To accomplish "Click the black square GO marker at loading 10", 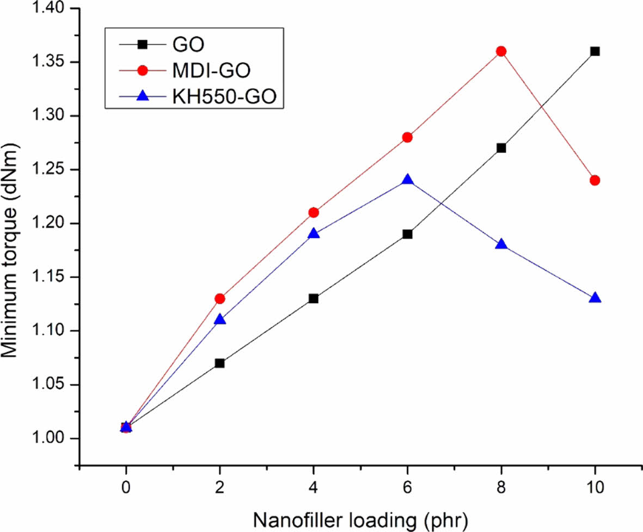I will pos(595,51).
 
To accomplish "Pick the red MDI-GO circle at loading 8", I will pos(501,51).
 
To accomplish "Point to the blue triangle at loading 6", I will pos(407,180).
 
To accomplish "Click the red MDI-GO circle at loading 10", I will pos(595,180).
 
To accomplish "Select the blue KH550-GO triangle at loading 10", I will pos(595,298).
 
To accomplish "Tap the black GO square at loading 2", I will pos(219,363).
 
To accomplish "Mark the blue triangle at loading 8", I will pos(501,244).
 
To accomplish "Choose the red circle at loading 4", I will pos(314,212).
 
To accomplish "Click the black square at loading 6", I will pos(407,234).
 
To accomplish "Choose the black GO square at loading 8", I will pos(501,148).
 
